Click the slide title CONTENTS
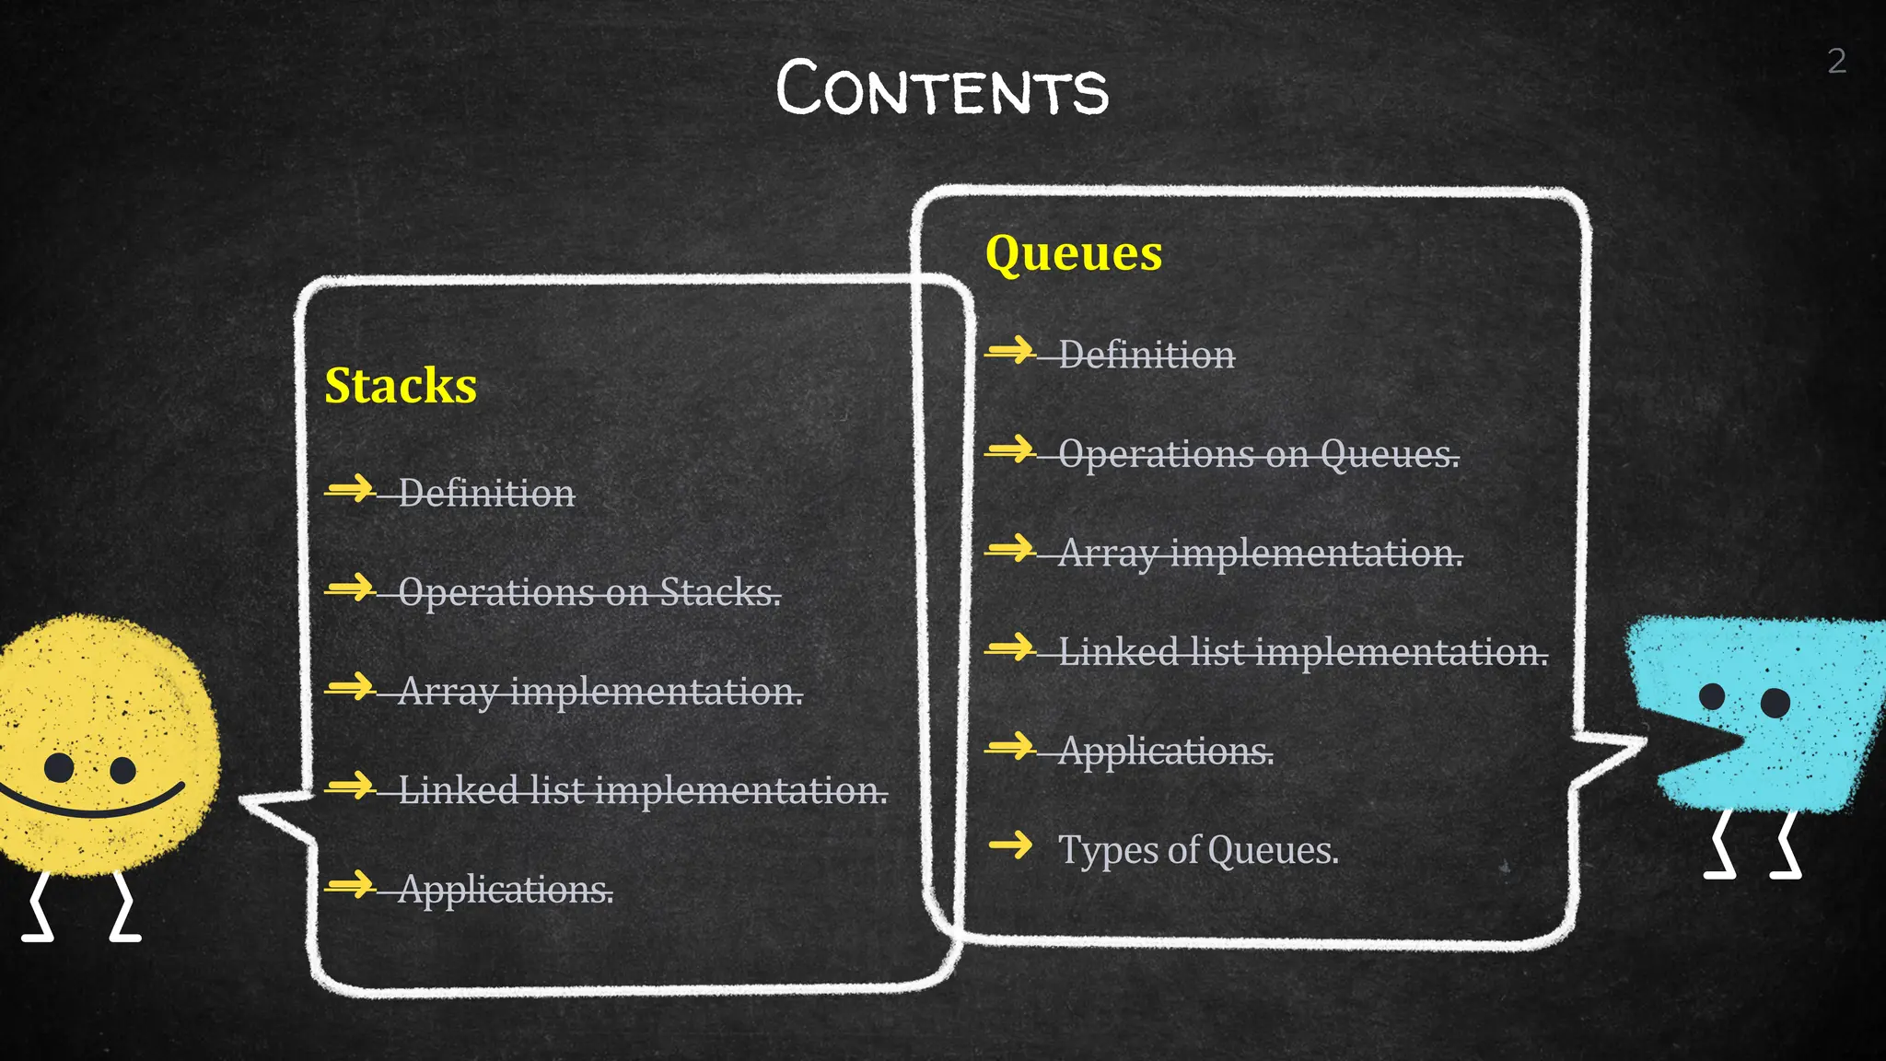pos(942,89)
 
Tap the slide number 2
pos(1836,62)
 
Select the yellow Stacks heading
pos(401,385)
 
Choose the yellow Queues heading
pos(1074,252)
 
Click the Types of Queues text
pos(1198,849)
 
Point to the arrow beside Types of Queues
pos(1011,844)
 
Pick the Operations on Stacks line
pos(589,592)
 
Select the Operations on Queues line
pos(1259,454)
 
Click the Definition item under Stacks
pos(486,494)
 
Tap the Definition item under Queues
pos(1147,355)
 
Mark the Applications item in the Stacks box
pos(506,890)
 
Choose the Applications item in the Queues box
pos(1166,752)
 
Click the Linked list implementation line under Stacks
pos(643,790)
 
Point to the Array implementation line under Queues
pos(1260,554)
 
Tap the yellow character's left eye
pos(59,766)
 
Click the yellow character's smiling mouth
pos(92,807)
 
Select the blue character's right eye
pos(1775,704)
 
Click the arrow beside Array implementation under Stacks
pos(351,686)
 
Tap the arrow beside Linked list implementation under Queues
pos(1011,647)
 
